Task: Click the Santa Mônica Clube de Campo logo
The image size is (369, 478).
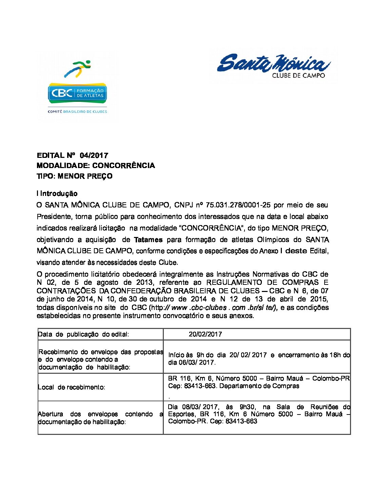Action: [x=274, y=66]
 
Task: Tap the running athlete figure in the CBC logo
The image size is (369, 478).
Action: [x=78, y=68]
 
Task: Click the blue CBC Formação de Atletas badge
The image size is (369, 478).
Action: [x=77, y=93]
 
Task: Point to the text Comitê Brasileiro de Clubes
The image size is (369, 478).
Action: [x=77, y=111]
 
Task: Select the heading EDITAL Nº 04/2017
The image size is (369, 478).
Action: [x=72, y=155]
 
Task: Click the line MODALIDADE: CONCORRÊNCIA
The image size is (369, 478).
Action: [x=96, y=166]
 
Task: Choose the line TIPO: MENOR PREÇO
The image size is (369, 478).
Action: [x=75, y=176]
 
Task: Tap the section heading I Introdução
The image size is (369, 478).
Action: [x=57, y=194]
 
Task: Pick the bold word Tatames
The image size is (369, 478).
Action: [x=148, y=240]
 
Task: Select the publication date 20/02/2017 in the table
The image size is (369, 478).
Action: [x=205, y=334]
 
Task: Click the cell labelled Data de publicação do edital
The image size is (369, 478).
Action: [x=83, y=334]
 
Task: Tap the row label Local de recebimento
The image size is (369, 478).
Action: [x=72, y=387]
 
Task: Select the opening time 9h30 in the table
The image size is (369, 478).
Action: [x=247, y=407]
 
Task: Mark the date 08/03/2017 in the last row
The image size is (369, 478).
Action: [x=200, y=407]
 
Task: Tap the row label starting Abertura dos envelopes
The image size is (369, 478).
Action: [x=100, y=418]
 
